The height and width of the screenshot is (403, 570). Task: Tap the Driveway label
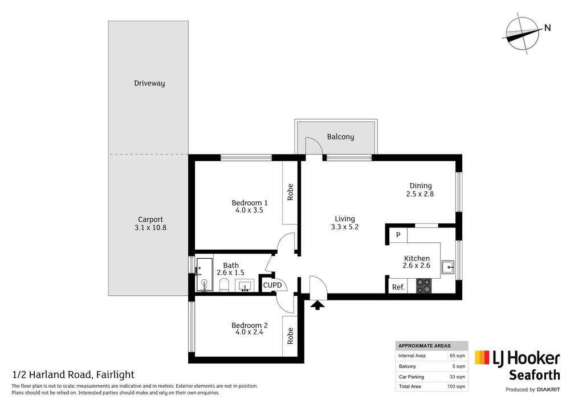[149, 83]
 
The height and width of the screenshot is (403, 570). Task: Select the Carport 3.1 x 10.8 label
[150, 223]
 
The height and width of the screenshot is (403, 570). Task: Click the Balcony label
[340, 137]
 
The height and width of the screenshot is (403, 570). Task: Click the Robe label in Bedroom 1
[290, 192]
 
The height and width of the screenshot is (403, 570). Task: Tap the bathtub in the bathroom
[203, 275]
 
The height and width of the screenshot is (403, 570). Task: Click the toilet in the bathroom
[223, 286]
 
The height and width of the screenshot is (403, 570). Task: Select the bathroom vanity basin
[246, 286]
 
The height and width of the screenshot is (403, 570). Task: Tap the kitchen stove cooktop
[424, 286]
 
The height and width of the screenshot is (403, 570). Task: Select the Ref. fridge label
[398, 287]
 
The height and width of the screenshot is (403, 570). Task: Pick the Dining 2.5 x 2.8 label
[421, 190]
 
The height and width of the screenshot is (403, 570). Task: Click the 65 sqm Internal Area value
[458, 356]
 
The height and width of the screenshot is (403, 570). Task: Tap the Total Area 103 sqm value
[457, 387]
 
